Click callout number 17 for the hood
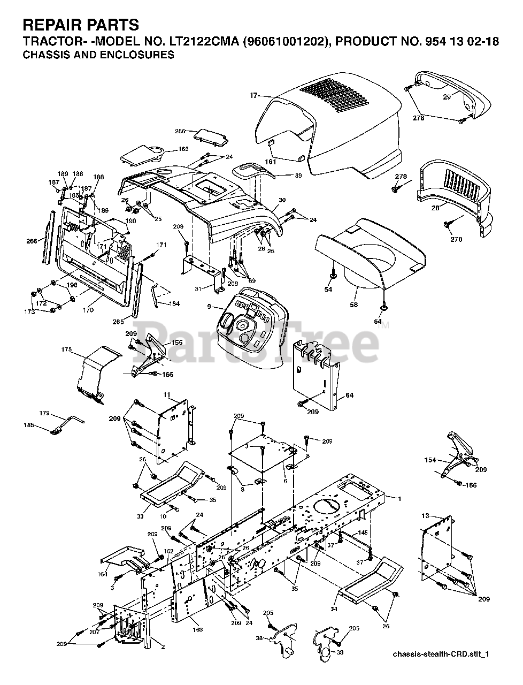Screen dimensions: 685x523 [x=253, y=95]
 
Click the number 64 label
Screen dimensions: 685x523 [x=350, y=395]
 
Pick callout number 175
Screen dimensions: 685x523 [x=66, y=349]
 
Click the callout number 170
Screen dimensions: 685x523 [x=89, y=310]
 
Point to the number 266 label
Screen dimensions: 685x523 [x=32, y=241]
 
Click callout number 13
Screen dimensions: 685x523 [x=425, y=516]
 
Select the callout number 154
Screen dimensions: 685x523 [x=430, y=460]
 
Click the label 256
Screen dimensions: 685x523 [x=180, y=131]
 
